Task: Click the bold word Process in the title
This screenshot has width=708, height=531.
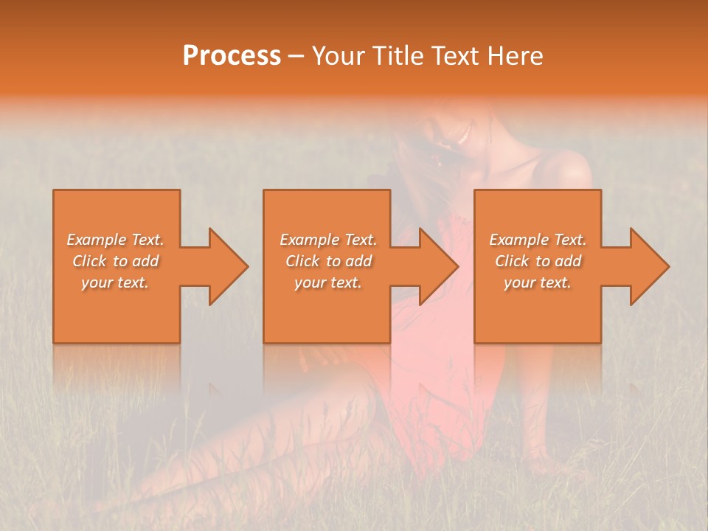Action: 232,56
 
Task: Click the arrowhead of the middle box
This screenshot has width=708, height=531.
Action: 438,266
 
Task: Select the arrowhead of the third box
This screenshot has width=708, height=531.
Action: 649,266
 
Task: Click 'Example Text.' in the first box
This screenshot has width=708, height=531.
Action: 115,240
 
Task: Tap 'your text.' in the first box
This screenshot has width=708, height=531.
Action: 115,282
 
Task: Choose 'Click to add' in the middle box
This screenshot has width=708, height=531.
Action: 328,261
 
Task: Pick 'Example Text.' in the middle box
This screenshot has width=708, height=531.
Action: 328,240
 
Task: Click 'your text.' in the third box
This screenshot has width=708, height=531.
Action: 538,282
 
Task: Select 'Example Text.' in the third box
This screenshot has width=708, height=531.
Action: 538,240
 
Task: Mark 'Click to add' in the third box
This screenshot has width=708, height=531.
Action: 538,261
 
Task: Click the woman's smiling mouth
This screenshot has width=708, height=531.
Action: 463,135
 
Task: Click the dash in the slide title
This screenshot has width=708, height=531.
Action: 296,57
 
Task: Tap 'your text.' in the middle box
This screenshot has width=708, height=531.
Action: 328,282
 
